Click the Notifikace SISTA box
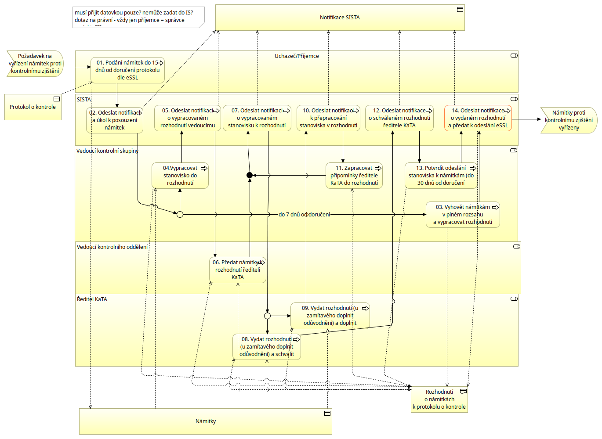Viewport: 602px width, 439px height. click(340, 18)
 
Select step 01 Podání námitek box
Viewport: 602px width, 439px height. click(127, 70)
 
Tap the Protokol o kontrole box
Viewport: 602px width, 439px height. click(33, 107)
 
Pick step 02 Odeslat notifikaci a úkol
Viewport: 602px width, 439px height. click(115, 120)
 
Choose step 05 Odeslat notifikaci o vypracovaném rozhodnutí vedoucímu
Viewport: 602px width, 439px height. click(188, 118)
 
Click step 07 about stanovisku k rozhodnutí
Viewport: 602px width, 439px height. click(257, 118)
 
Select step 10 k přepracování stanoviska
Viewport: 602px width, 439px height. click(328, 118)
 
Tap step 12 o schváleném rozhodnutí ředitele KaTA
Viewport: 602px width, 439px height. click(399, 118)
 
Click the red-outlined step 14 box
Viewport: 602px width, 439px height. click(478, 118)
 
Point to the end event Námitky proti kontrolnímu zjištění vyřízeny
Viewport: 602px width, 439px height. click(569, 120)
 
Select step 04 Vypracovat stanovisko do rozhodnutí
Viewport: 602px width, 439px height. click(180, 176)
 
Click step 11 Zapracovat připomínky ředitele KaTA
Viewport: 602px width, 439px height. click(354, 176)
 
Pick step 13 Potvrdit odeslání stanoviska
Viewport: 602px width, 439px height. click(441, 176)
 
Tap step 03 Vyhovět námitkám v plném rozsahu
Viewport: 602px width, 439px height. click(463, 215)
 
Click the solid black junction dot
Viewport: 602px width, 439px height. click(250, 175)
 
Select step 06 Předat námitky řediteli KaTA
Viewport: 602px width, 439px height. click(238, 270)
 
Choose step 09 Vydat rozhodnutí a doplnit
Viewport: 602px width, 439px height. click(330, 316)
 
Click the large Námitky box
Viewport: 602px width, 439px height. click(206, 421)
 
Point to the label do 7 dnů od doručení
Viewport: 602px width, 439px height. click(304, 215)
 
